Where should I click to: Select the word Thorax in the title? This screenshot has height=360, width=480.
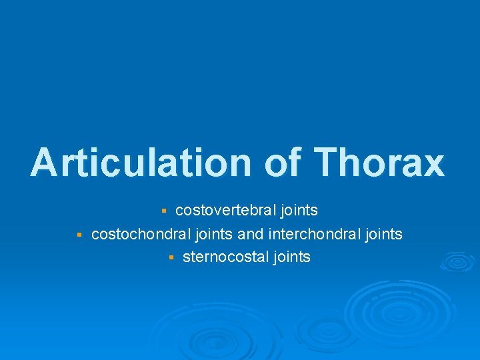(x=378, y=163)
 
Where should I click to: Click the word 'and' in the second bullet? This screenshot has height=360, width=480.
(x=251, y=234)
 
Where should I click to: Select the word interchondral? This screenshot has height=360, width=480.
(x=311, y=234)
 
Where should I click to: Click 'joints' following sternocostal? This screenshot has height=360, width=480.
(x=291, y=258)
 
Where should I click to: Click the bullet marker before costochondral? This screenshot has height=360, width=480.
(x=79, y=235)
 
